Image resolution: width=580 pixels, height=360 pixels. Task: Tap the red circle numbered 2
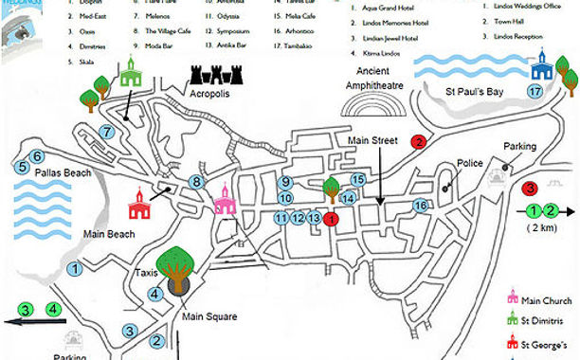[x=417, y=142]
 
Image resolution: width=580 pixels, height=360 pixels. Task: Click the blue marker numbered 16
[x=421, y=206]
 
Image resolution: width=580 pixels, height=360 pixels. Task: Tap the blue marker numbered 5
[x=22, y=168]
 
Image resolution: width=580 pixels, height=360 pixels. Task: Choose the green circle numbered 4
[x=55, y=309]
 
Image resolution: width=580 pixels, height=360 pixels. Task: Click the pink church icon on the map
[x=224, y=200]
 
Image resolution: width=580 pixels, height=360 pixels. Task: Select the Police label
[x=470, y=163]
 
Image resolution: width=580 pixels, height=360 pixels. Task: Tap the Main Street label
[x=372, y=142]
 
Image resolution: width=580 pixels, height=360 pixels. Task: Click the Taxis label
[x=146, y=273]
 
